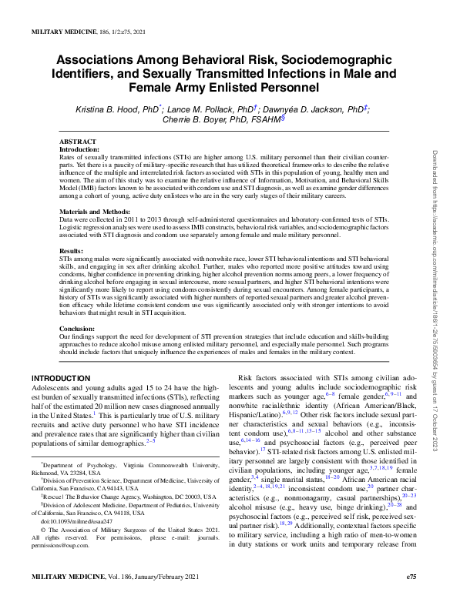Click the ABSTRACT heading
[79, 142]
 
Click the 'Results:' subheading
[71, 251]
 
